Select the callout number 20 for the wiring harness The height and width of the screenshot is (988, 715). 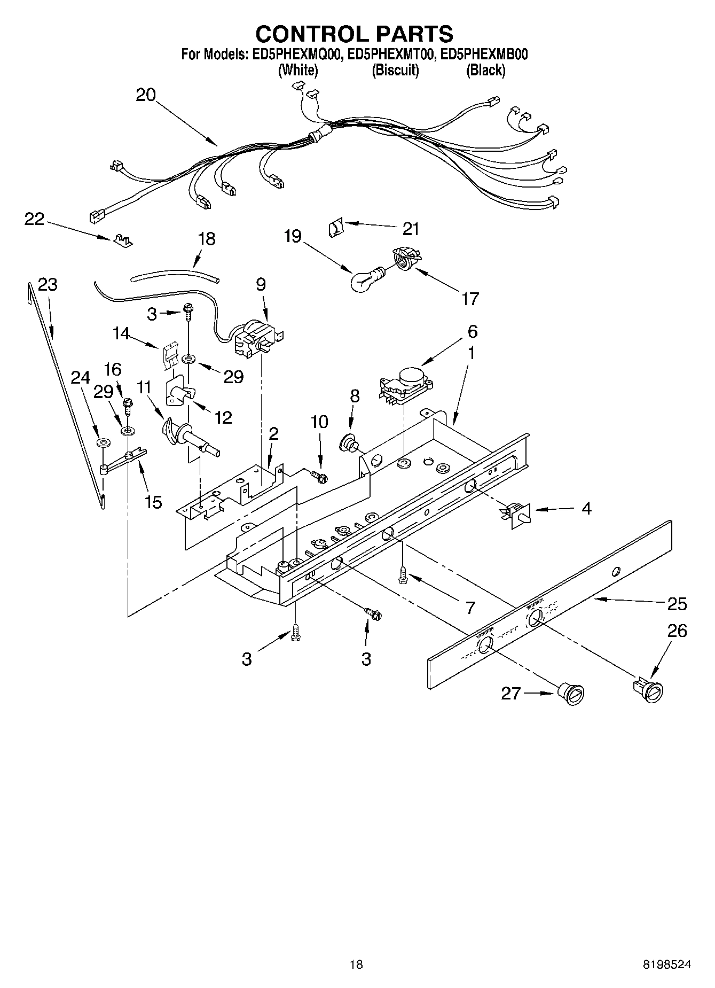point(145,95)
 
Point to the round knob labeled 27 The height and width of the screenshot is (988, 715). point(572,695)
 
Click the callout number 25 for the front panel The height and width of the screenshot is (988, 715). point(677,604)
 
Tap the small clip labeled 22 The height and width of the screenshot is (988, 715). point(122,240)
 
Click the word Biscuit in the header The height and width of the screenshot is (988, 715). point(395,70)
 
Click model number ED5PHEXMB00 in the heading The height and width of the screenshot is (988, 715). point(483,54)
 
